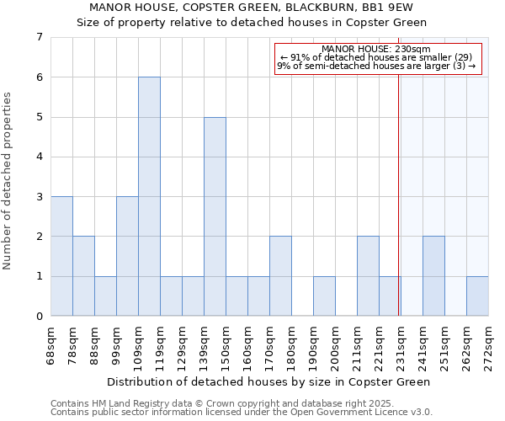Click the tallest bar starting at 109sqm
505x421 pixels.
pos(149,196)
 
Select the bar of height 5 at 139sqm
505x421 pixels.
pos(215,216)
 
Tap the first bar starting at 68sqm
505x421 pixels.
pos(61,256)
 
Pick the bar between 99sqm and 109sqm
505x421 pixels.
pos(127,256)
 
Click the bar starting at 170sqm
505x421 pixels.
pos(280,276)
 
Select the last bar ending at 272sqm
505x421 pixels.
pos(477,296)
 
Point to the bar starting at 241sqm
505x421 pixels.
pos(433,276)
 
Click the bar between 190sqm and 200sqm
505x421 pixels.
pos(324,296)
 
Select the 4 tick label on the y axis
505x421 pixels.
pos(39,157)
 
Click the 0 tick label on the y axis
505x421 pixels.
pos(39,317)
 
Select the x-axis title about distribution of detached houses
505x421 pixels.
pos(269,381)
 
